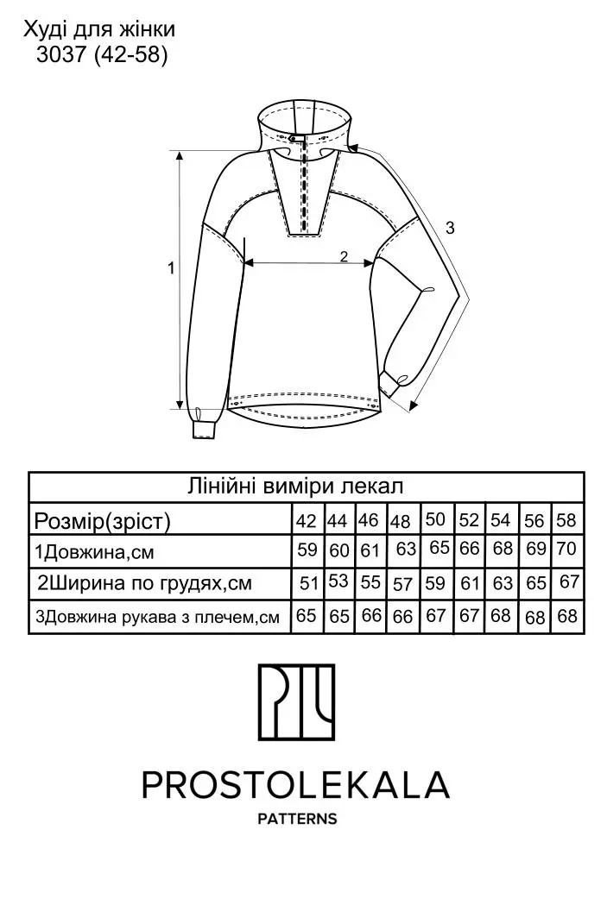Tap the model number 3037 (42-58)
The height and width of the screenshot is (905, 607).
102,55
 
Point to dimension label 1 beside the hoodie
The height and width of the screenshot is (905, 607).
171,267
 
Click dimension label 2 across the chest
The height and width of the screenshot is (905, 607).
344,256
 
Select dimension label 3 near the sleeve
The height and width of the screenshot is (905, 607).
451,228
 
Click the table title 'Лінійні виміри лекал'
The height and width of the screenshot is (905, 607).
295,486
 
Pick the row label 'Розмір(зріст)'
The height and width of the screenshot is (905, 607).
103,521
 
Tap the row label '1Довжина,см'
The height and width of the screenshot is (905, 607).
94,552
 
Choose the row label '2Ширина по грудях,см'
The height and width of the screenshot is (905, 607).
145,583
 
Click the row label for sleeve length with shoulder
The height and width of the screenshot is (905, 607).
158,617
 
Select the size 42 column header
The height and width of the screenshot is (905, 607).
307,521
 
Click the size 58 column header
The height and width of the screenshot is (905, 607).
566,520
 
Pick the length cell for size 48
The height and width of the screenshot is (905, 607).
406,549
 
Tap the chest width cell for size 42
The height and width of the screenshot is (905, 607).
309,583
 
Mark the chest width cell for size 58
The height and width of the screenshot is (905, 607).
570,581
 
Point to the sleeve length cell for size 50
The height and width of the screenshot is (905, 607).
436,616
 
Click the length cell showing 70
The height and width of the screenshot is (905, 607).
567,548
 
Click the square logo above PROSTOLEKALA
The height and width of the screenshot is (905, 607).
296,702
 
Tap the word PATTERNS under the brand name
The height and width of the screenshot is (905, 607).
297,819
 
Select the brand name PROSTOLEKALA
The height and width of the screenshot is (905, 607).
295,784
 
